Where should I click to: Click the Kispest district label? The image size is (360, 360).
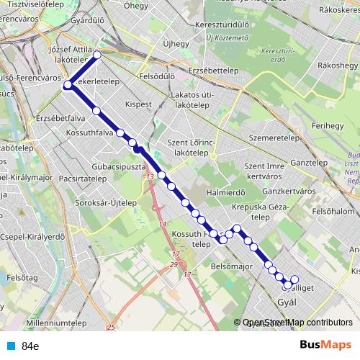click(139, 104)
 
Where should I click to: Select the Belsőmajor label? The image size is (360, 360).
click(230, 266)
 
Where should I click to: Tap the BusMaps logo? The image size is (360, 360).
click(321, 346)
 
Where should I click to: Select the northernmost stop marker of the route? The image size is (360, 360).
click(97, 55)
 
